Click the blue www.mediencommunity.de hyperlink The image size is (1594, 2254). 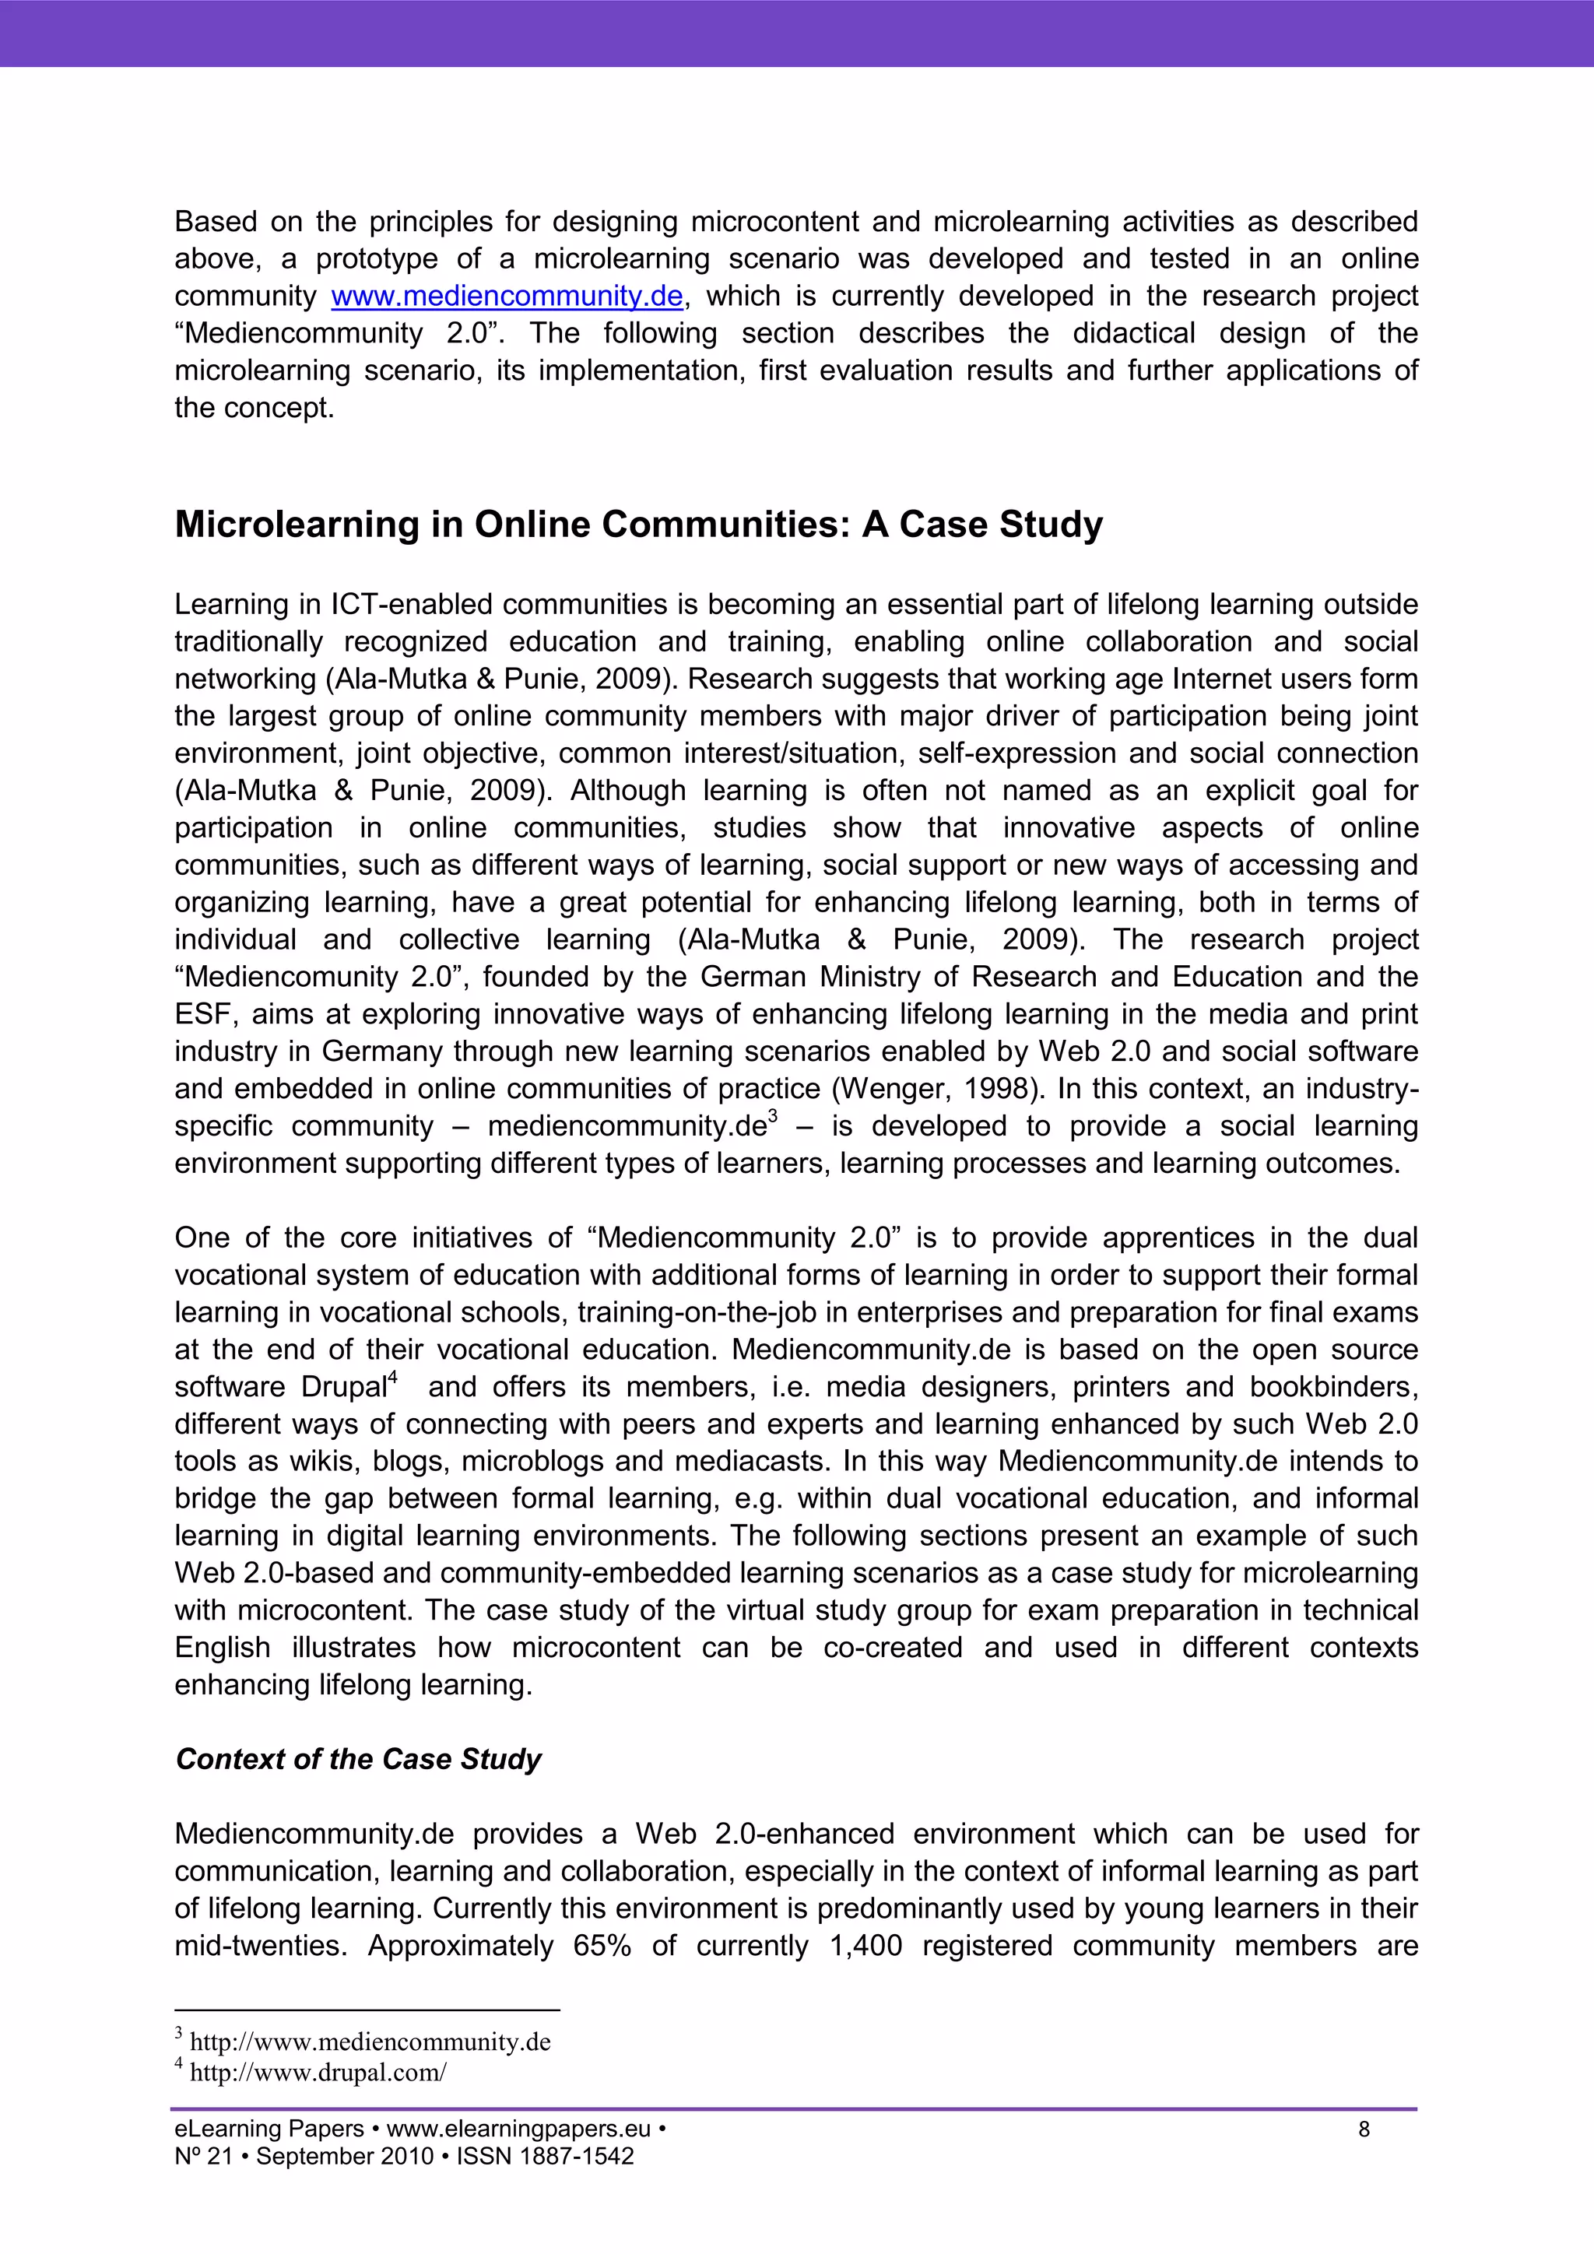click(507, 296)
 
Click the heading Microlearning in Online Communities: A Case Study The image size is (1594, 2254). click(638, 525)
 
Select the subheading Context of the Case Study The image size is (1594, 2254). click(358, 1758)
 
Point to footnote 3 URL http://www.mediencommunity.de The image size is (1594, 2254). click(370, 2042)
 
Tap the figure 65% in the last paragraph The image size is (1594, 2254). click(602, 1946)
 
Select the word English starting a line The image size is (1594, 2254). click(222, 1648)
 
